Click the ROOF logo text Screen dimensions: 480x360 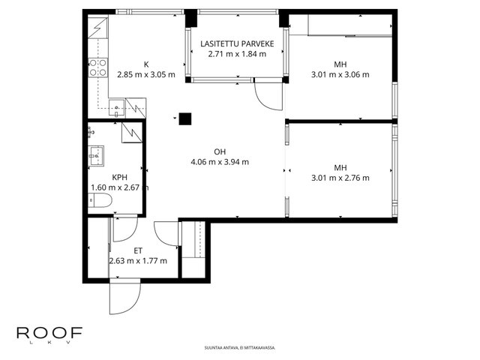pyautogui.click(x=49, y=333)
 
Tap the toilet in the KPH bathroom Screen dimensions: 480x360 pyautogui.click(x=100, y=200)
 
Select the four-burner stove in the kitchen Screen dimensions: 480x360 pyautogui.click(x=98, y=67)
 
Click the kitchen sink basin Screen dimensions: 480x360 pyautogui.click(x=117, y=108)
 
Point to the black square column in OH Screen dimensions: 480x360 pyautogui.click(x=185, y=118)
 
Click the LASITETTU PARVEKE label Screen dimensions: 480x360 pyautogui.click(x=237, y=43)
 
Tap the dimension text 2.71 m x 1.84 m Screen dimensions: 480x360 pyautogui.click(x=237, y=54)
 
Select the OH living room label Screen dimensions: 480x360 pyautogui.click(x=220, y=151)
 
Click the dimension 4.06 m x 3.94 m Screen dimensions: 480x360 pyautogui.click(x=220, y=162)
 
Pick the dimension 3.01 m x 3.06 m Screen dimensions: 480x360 pyautogui.click(x=340, y=74)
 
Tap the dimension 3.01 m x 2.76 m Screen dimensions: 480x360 pyautogui.click(x=340, y=178)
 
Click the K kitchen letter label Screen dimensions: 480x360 pyautogui.click(x=146, y=64)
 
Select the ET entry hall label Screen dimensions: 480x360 pyautogui.click(x=138, y=250)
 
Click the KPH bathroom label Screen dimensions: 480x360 pyautogui.click(x=120, y=177)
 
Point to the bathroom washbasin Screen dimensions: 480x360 pyautogui.click(x=96, y=156)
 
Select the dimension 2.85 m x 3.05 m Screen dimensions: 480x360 pyautogui.click(x=146, y=74)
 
